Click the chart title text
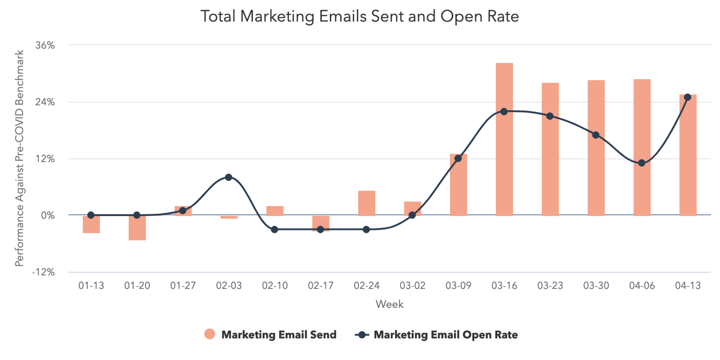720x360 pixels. pyautogui.click(x=360, y=17)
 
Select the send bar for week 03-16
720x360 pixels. pyautogui.click(x=504, y=139)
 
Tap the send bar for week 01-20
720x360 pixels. pyautogui.click(x=137, y=228)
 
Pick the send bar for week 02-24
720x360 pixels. pyautogui.click(x=366, y=203)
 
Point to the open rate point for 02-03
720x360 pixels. pyautogui.click(x=229, y=177)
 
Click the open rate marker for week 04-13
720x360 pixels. pyautogui.click(x=688, y=97)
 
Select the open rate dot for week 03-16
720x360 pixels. pyautogui.click(x=504, y=112)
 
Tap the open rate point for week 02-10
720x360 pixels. pyautogui.click(x=274, y=229)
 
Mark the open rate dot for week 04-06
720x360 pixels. pyautogui.click(x=642, y=163)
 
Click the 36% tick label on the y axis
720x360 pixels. pyautogui.click(x=45, y=45)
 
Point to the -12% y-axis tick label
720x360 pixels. pyautogui.click(x=43, y=272)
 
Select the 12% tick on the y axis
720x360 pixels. pyautogui.click(x=45, y=159)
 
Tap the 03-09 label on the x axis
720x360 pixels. pyautogui.click(x=458, y=286)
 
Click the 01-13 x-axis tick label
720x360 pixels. pyautogui.click(x=91, y=286)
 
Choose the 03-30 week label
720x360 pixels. pyautogui.click(x=596, y=286)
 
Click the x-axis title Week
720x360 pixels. pyautogui.click(x=389, y=305)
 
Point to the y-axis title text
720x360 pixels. pyautogui.click(x=19, y=158)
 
